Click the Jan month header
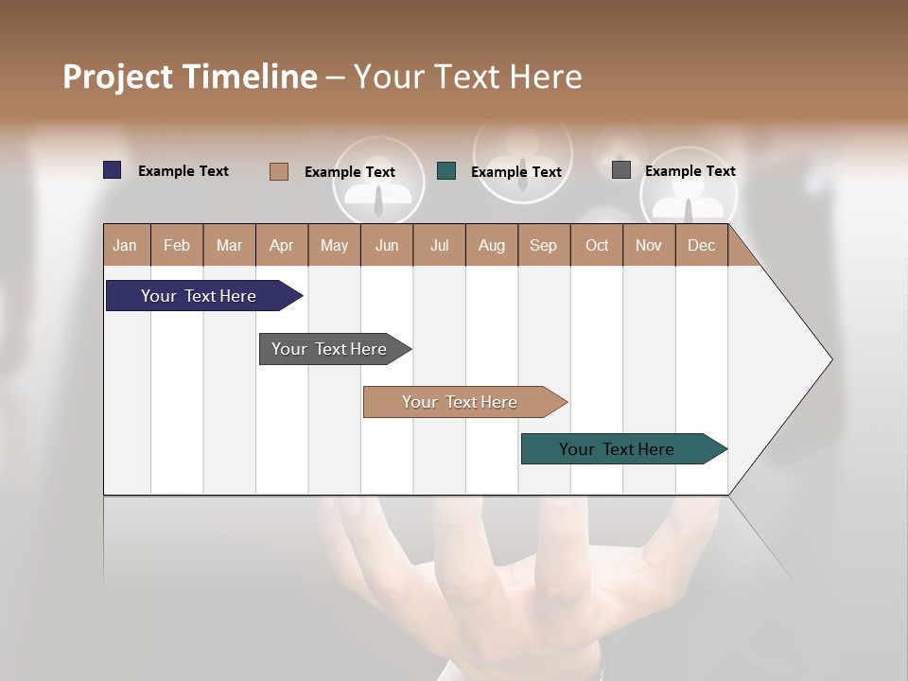tap(125, 245)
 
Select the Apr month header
tap(281, 245)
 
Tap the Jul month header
tap(439, 245)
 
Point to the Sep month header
tap(543, 245)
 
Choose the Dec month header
tap(701, 245)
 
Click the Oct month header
tap(597, 245)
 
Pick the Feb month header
tap(177, 245)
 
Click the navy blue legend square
tap(113, 170)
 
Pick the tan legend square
tap(278, 171)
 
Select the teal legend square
tap(446, 171)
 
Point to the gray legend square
tap(621, 170)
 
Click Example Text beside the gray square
tap(690, 171)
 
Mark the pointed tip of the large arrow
tap(830, 359)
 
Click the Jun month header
tap(387, 245)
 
